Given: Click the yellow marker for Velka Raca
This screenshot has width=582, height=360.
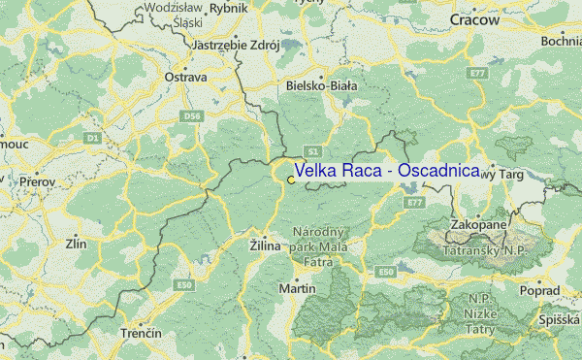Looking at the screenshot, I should [291, 180].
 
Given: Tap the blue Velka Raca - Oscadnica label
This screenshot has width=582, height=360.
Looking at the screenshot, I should [386, 171].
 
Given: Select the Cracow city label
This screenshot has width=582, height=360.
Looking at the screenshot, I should [474, 19].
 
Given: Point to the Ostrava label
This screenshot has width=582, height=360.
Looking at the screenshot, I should [187, 76].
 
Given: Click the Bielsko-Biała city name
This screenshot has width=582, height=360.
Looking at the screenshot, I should [322, 85].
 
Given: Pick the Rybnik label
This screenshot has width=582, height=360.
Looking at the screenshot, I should [229, 8].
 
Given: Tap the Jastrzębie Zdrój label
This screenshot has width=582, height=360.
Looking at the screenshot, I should [237, 45].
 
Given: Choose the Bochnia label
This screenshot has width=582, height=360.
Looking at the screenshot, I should [562, 41].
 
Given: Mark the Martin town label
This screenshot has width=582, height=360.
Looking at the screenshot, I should [297, 289].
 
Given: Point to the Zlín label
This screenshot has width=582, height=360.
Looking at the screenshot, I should [76, 244].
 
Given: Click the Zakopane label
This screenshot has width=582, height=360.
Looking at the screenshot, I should [478, 225].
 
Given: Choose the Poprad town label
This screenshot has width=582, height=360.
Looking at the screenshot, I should [540, 291].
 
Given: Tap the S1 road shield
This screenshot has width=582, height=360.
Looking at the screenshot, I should [311, 152].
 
